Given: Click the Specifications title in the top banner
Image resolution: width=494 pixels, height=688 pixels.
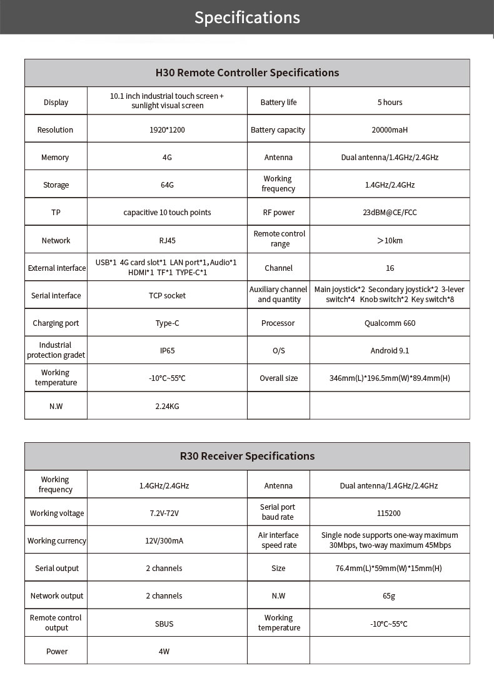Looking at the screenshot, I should point(247,18).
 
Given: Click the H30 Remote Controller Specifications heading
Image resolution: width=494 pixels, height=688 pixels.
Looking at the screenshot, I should point(247,73).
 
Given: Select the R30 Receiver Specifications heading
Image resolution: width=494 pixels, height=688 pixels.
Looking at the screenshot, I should point(247,456).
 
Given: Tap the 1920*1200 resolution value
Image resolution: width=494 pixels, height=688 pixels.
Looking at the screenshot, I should point(167,130).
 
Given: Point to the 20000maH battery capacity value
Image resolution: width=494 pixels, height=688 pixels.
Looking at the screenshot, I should point(390,130).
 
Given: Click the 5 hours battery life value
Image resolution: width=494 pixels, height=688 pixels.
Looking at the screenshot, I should point(390,103).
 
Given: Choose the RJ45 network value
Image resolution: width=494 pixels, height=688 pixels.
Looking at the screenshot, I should point(167,241).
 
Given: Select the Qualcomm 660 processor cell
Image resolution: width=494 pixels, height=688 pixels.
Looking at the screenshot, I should point(390,323).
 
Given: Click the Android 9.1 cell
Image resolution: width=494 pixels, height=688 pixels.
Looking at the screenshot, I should point(390,351).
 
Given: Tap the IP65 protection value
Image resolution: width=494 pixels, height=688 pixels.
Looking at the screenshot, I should point(167,351).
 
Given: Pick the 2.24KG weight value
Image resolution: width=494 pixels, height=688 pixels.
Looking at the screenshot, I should point(167,407).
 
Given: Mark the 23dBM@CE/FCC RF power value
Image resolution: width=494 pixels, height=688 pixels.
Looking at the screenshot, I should point(390,213).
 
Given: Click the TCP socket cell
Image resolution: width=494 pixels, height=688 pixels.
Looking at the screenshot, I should point(167,296).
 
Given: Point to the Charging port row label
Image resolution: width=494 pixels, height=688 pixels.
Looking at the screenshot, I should point(56,323).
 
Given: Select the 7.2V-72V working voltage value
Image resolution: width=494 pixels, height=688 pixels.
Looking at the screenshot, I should point(164,513).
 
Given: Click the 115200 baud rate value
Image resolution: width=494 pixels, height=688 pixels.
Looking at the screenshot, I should point(389,513).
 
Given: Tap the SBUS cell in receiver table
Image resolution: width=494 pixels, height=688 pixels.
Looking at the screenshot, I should point(164,624).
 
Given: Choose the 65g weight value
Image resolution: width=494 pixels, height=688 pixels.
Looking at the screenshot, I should point(389,596).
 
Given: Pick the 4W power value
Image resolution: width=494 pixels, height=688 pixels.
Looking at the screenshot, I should point(164,652).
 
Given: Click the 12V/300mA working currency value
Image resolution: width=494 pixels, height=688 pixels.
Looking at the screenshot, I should point(164,541).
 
